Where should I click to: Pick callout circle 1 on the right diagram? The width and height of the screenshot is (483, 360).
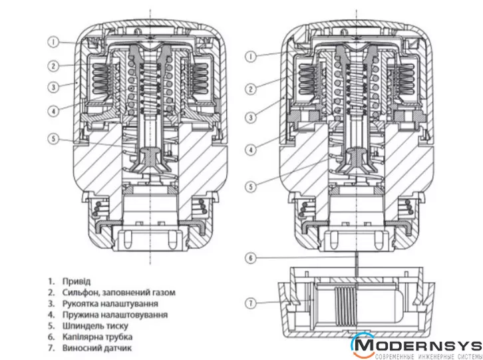pos(251,57)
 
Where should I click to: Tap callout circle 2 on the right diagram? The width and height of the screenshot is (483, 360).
pos(251,89)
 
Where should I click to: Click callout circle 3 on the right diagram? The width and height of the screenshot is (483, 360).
pos(251,118)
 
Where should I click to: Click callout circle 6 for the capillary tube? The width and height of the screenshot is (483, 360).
pos(251,258)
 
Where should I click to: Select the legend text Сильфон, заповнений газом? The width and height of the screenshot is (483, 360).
pos(118,292)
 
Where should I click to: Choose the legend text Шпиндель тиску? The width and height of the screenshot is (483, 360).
pos(93,326)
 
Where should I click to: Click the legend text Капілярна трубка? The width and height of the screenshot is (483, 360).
pos(98,337)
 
